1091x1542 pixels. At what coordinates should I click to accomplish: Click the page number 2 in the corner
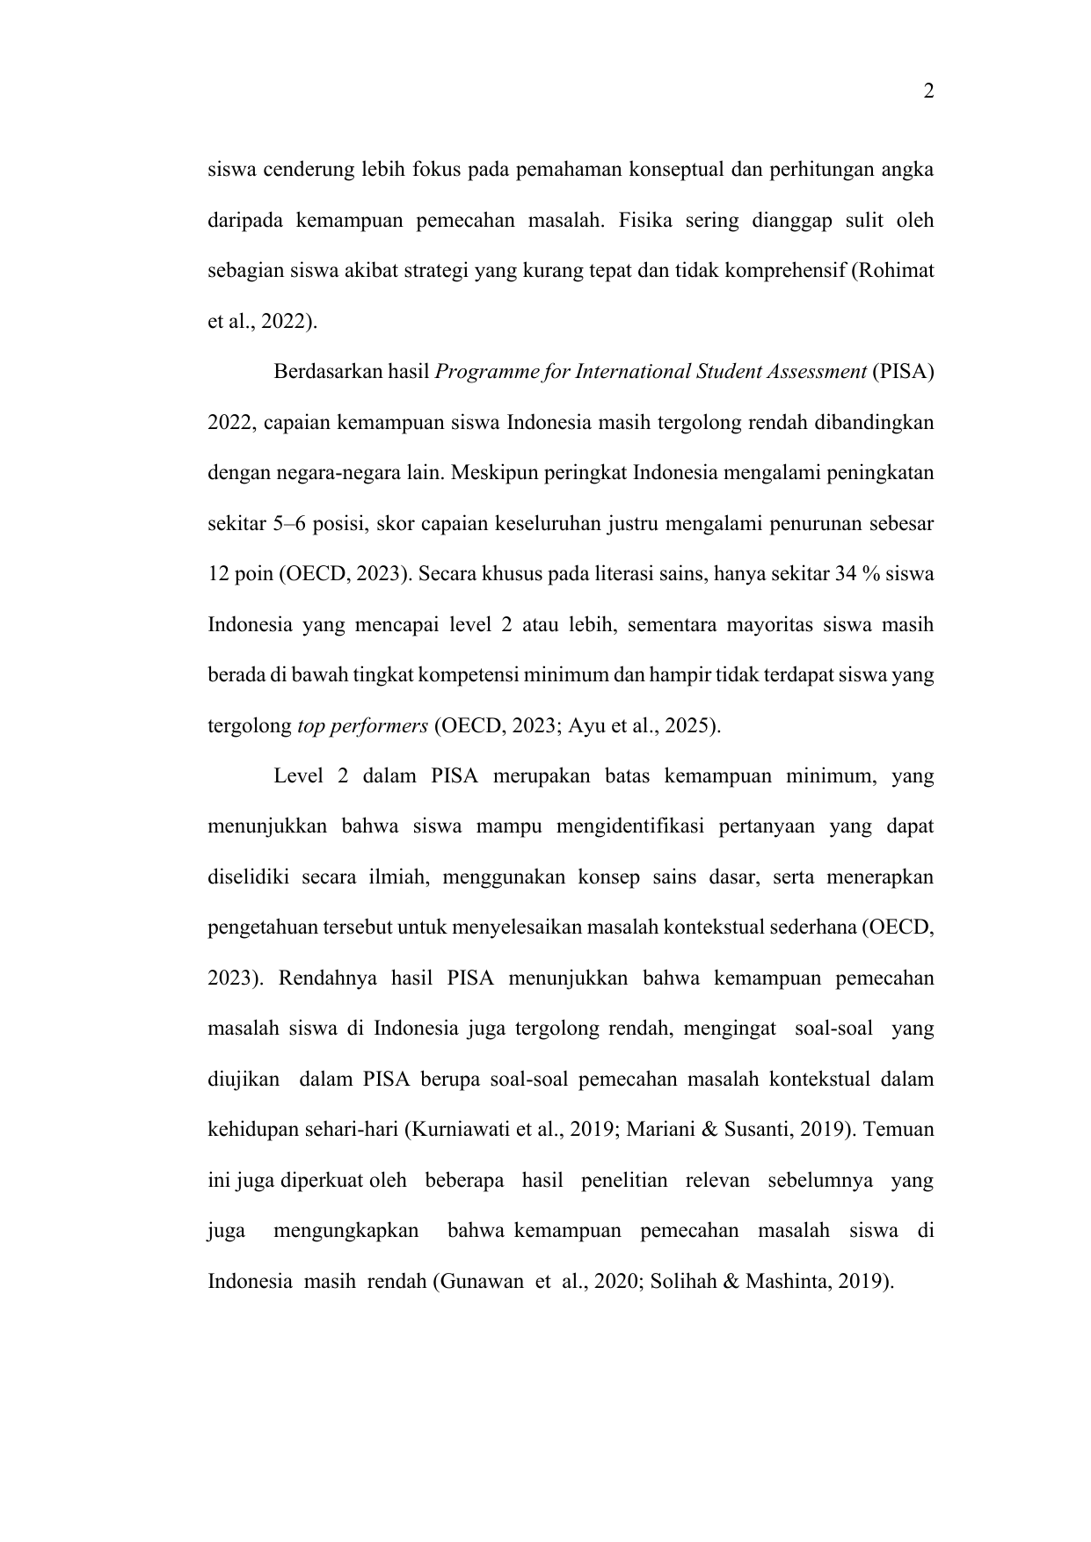928,91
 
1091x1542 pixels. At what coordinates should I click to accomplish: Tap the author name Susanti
760,1131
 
